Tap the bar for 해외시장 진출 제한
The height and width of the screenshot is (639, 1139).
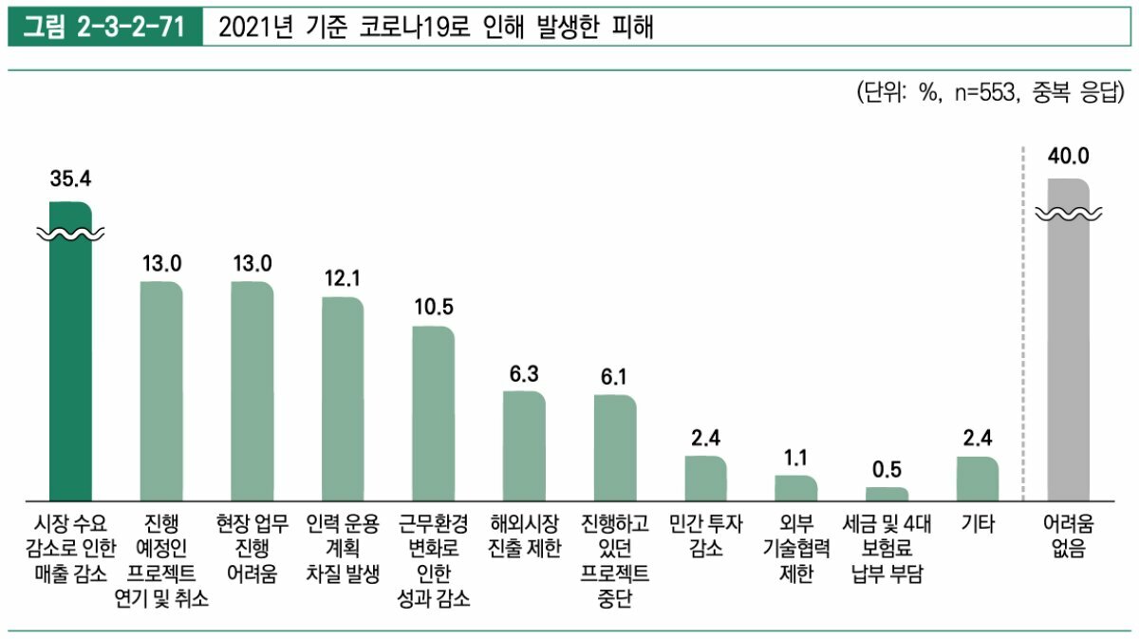pyautogui.click(x=524, y=445)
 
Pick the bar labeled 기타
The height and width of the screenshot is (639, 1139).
pyautogui.click(x=977, y=479)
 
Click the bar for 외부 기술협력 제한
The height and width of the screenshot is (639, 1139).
pyautogui.click(x=795, y=488)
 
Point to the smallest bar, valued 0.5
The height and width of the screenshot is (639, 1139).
pyautogui.click(x=887, y=494)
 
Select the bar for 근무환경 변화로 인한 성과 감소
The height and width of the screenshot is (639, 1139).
pyautogui.click(x=433, y=413)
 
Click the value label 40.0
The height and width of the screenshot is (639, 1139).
pyautogui.click(x=1068, y=156)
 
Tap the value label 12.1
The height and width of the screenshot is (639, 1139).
pyautogui.click(x=343, y=277)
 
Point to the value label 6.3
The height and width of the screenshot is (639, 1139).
pyautogui.click(x=524, y=373)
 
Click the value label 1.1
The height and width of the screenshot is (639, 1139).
pyautogui.click(x=795, y=458)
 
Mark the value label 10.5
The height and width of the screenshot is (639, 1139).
pyautogui.click(x=433, y=308)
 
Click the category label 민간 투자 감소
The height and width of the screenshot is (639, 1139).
pyautogui.click(x=705, y=536)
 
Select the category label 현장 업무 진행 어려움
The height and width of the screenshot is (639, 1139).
pyautogui.click(x=252, y=548)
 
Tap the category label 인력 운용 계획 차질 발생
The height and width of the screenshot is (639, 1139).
pyautogui.click(x=343, y=548)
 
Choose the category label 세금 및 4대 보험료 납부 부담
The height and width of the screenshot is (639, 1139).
pyautogui.click(x=887, y=548)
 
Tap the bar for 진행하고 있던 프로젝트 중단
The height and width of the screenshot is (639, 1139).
pyautogui.click(x=615, y=447)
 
